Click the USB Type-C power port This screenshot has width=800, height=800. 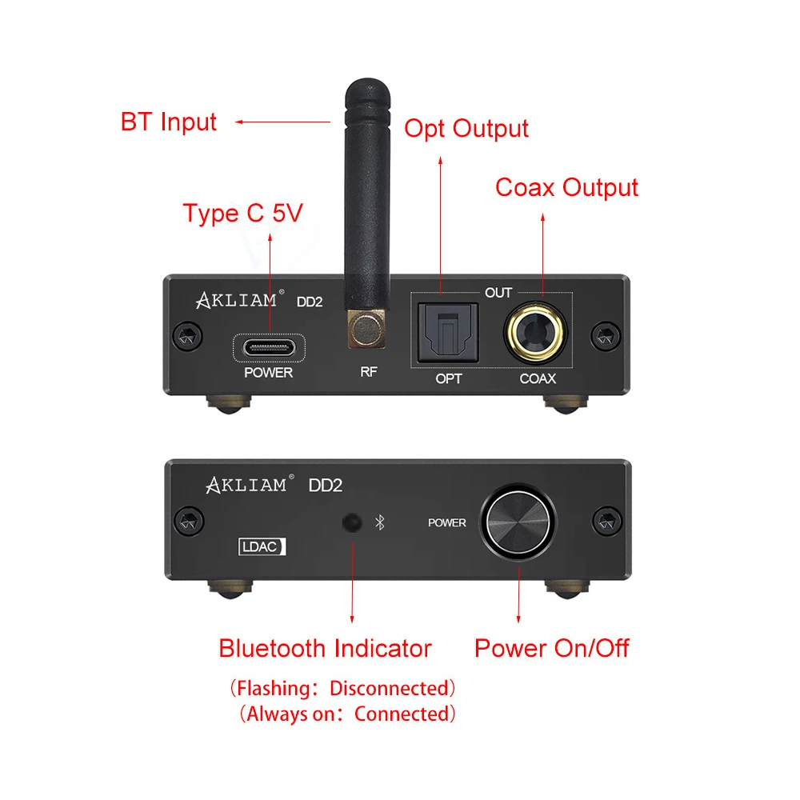269,348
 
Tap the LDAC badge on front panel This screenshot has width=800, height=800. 262,547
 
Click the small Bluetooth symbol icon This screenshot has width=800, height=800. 381,522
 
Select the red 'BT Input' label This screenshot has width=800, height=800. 168,122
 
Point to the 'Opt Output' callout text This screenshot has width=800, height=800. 466,129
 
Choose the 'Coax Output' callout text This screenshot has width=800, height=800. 566,188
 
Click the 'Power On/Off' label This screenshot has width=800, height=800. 552,648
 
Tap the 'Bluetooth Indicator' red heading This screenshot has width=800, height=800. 325,648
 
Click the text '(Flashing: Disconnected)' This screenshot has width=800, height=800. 342,688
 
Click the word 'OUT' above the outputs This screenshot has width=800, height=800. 498,293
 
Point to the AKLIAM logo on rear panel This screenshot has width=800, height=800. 237,301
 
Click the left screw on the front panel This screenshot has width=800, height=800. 188,522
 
